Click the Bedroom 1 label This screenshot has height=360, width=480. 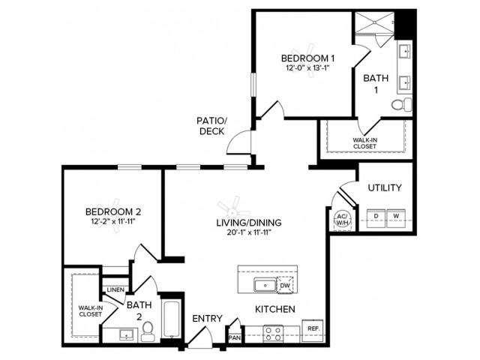point(307,58)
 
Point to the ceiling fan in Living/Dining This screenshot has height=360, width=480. point(228,205)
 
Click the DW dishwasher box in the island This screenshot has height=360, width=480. point(284,284)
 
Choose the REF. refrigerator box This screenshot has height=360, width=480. point(312,329)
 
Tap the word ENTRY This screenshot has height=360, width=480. point(207,319)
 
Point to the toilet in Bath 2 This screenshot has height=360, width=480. point(147,330)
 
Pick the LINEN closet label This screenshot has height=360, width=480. point(115,289)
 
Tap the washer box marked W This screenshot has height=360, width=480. point(397,216)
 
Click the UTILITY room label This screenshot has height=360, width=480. point(385,187)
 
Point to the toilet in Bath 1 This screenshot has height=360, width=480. point(405,104)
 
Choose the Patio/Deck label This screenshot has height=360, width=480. point(211,125)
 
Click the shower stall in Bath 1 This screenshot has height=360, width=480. point(373,24)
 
